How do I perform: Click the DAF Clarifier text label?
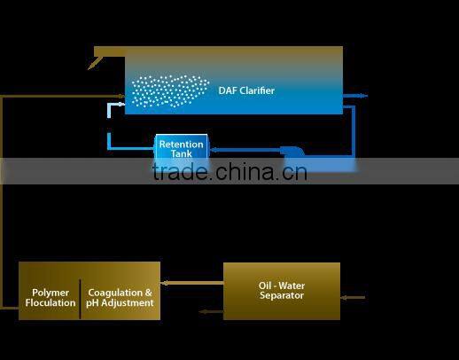[246, 90]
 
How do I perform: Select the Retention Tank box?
[181, 148]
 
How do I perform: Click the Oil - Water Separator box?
[281, 290]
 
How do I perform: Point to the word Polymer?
[51, 293]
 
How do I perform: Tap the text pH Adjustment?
[120, 303]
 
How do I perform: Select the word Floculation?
[51, 303]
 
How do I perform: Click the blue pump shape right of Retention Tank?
[292, 153]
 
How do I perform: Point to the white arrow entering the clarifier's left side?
[113, 105]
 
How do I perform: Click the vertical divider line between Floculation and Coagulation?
[81, 298]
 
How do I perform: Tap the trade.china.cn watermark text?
[229, 171]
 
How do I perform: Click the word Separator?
[282, 295]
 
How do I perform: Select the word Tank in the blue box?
[181, 154]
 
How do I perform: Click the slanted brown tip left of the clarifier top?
[95, 63]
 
